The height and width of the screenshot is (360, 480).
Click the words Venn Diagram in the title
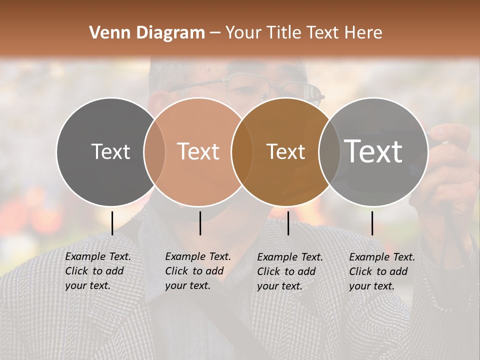[x=147, y=32]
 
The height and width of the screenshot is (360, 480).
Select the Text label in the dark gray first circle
[x=110, y=151]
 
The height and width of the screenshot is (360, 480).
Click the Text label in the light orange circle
[x=198, y=151]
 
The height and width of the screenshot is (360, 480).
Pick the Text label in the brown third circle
[x=285, y=151]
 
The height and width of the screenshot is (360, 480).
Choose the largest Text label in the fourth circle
[x=373, y=151]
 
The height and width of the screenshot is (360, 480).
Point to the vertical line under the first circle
[x=112, y=223]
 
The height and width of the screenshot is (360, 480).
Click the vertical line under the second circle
[x=200, y=223]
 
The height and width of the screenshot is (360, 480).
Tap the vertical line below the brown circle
[x=288, y=223]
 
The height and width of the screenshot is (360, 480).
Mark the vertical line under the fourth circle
[x=372, y=223]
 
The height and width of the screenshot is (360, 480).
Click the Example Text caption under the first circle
[x=98, y=271]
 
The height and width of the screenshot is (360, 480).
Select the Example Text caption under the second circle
[x=198, y=271]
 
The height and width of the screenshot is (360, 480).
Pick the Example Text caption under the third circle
[x=290, y=271]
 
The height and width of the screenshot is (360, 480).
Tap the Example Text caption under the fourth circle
[x=382, y=271]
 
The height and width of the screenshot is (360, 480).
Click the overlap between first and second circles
[x=154, y=151]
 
